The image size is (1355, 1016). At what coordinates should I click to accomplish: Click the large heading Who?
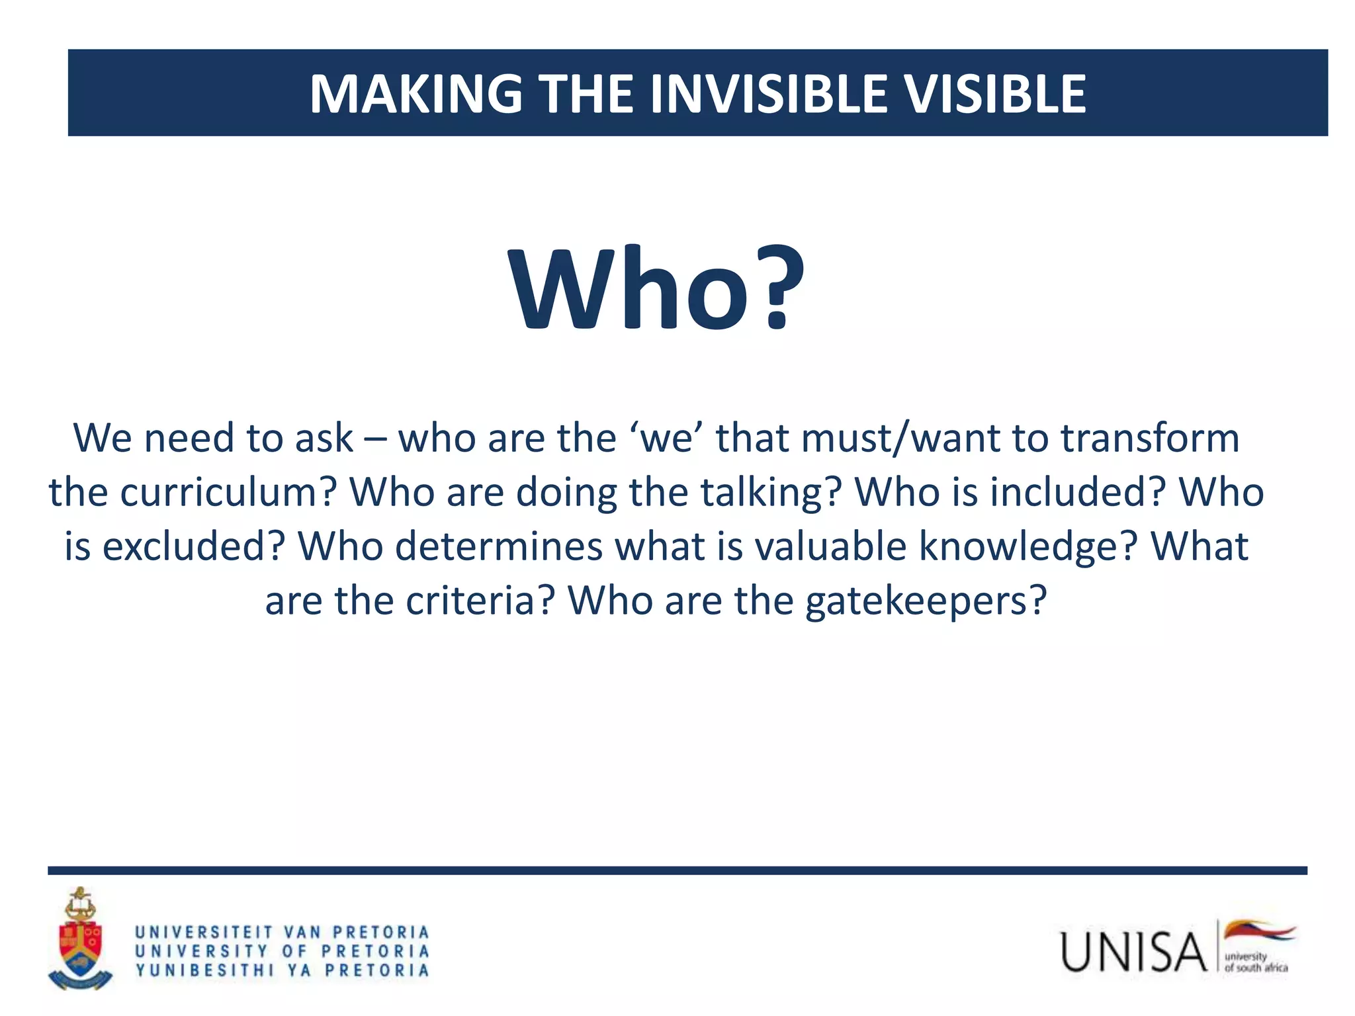(x=656, y=290)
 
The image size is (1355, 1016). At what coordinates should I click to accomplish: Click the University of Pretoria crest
(x=80, y=939)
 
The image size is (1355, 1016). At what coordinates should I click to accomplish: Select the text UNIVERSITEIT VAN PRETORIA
(x=283, y=933)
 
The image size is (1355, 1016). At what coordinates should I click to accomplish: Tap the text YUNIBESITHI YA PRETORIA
(x=283, y=970)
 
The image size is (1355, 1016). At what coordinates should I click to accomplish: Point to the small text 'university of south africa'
(x=1255, y=962)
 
